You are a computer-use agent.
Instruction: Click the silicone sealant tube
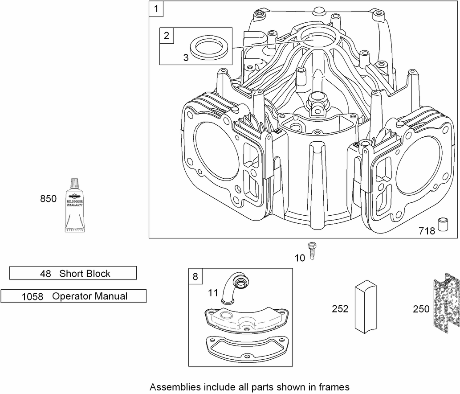[74, 205]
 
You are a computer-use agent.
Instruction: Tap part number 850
[48, 199]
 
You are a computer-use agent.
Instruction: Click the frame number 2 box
[167, 36]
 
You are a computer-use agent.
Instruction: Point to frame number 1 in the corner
[156, 9]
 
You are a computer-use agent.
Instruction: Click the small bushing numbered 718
[443, 225]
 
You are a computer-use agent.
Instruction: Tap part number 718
[427, 231]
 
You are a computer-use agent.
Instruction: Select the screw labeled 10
[311, 251]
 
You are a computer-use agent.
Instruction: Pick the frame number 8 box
[195, 276]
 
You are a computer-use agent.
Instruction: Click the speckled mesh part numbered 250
[446, 304]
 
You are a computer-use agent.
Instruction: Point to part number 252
[340, 309]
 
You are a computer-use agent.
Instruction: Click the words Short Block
[85, 274]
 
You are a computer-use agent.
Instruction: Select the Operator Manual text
[90, 296]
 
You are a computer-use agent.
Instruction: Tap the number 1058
[32, 297]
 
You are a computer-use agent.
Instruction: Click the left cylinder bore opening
[216, 150]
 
